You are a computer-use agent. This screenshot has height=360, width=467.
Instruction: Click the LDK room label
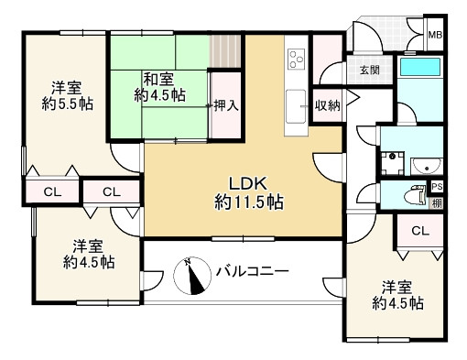[x=248, y=184]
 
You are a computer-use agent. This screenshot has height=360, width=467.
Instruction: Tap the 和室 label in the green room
[x=158, y=79]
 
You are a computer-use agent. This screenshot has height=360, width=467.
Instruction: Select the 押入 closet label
[x=225, y=105]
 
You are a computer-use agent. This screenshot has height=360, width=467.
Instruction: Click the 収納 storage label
[x=328, y=105]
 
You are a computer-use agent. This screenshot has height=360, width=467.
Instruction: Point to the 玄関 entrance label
[x=370, y=71]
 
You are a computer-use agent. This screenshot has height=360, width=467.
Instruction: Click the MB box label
[x=435, y=35]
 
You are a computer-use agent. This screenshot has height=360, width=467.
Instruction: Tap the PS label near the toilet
[x=437, y=187]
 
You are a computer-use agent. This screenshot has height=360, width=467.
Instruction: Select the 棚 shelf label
[x=437, y=203]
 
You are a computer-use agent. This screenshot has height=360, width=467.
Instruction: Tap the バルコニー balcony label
[x=252, y=271]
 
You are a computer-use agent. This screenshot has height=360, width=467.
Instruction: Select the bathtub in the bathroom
[x=420, y=67]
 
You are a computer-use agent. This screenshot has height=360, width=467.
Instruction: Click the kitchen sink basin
[x=296, y=106]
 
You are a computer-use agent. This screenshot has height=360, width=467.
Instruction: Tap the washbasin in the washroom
[x=427, y=167]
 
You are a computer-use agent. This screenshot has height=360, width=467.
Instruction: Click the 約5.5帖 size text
[x=68, y=104]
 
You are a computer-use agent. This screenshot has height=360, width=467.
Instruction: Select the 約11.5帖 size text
[x=249, y=202]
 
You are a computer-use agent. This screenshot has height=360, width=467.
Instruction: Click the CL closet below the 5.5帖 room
[x=52, y=192]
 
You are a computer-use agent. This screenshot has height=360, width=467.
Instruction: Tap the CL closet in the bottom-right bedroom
[x=420, y=231]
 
